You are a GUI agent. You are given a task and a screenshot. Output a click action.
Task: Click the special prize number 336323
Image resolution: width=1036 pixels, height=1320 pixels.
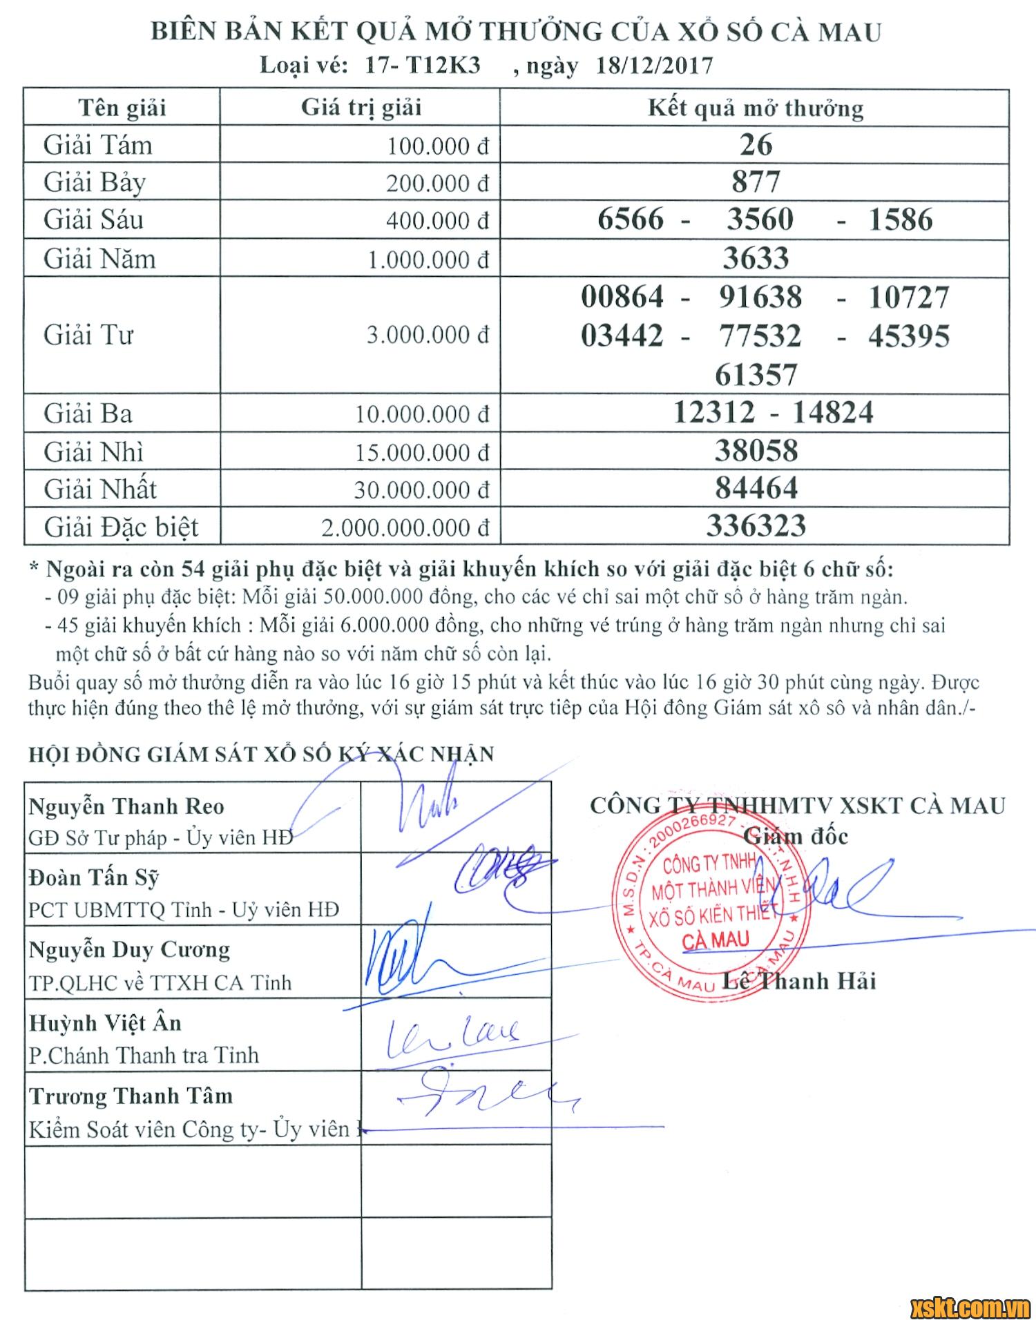coord(756,526)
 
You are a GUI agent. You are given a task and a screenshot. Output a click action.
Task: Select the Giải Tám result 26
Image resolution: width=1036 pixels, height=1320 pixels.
coord(756,145)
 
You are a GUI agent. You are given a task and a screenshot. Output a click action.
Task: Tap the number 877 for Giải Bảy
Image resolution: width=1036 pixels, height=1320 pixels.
coord(756,182)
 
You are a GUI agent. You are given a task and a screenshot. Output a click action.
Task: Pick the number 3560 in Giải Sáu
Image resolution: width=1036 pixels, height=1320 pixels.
coord(760,220)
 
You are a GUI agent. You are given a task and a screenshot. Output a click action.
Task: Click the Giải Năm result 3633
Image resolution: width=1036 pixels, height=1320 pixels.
coord(756,258)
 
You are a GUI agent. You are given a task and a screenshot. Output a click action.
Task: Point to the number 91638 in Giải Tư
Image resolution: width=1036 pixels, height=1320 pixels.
coord(760,298)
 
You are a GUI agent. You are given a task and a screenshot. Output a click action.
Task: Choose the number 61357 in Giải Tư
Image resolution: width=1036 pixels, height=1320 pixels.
coord(756,375)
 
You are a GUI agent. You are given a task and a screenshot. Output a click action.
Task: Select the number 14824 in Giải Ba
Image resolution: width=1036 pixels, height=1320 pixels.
coord(832,413)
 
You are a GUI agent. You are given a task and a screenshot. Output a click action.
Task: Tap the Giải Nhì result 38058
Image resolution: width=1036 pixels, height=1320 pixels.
coord(756,451)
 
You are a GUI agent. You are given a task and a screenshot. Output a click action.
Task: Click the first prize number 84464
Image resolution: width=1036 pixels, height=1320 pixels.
coord(756,488)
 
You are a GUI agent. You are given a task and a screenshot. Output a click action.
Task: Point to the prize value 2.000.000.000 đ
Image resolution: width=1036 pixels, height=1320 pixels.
coord(405,528)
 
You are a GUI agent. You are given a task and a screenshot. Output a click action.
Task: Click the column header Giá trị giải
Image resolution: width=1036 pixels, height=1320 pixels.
coord(361,108)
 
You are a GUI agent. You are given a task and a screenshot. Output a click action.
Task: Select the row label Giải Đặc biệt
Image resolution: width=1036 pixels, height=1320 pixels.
coord(122,527)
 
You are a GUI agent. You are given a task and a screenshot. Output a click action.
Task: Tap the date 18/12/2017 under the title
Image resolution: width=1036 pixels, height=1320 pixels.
coord(653,66)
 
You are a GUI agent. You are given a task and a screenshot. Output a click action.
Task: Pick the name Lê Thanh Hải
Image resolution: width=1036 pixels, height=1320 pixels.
coord(799,981)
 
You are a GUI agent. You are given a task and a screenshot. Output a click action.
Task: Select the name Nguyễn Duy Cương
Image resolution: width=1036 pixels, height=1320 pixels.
coord(129,950)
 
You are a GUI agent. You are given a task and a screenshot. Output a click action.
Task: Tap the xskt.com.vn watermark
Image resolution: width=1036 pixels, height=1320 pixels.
coord(970,1305)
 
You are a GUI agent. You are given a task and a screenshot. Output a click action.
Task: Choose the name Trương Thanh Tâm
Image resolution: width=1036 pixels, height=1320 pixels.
coord(131,1096)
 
